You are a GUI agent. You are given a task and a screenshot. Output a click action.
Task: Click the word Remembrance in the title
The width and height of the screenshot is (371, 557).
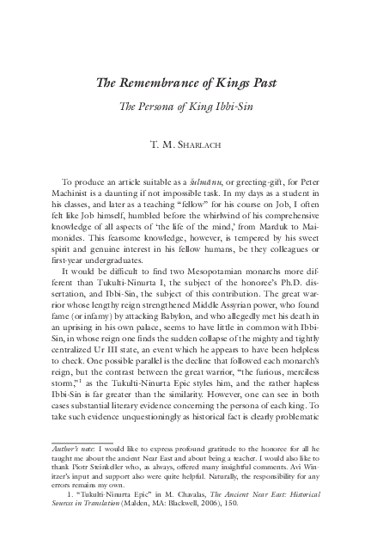coord(173,83)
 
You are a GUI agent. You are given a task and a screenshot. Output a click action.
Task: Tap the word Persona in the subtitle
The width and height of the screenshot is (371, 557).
coord(188,109)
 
